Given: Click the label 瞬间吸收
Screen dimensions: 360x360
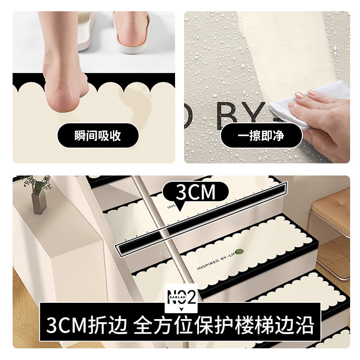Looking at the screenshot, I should point(98,135).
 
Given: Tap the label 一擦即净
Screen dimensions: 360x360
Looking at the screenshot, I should point(261,135).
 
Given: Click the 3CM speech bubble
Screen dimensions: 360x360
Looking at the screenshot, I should point(195,193).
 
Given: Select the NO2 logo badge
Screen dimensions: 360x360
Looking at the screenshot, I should point(181,297).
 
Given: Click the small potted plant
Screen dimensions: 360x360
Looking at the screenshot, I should point(37,189).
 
